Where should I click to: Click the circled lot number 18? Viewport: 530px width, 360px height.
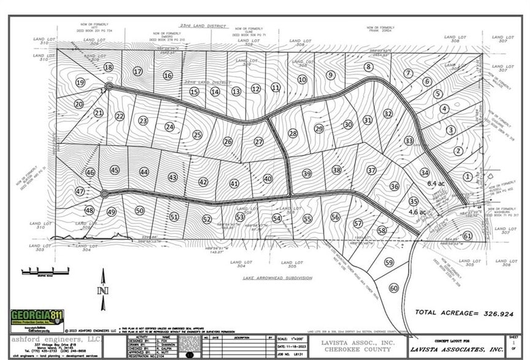(x=109, y=67)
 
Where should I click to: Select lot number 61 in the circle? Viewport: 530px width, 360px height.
(x=467, y=236)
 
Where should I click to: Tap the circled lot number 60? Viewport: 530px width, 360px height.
(x=393, y=288)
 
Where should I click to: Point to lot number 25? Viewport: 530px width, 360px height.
(x=197, y=135)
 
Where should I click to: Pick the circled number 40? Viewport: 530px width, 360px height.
(x=268, y=179)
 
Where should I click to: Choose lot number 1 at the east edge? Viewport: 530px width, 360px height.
(x=468, y=177)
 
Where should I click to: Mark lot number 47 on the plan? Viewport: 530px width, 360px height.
(x=80, y=191)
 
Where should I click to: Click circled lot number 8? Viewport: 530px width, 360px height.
(x=368, y=67)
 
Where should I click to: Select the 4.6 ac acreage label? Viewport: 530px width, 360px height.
(x=417, y=212)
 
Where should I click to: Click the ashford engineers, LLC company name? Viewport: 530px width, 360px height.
(x=46, y=337)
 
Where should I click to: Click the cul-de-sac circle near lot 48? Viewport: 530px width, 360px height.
(x=104, y=194)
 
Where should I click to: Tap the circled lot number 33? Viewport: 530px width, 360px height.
(x=409, y=140)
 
